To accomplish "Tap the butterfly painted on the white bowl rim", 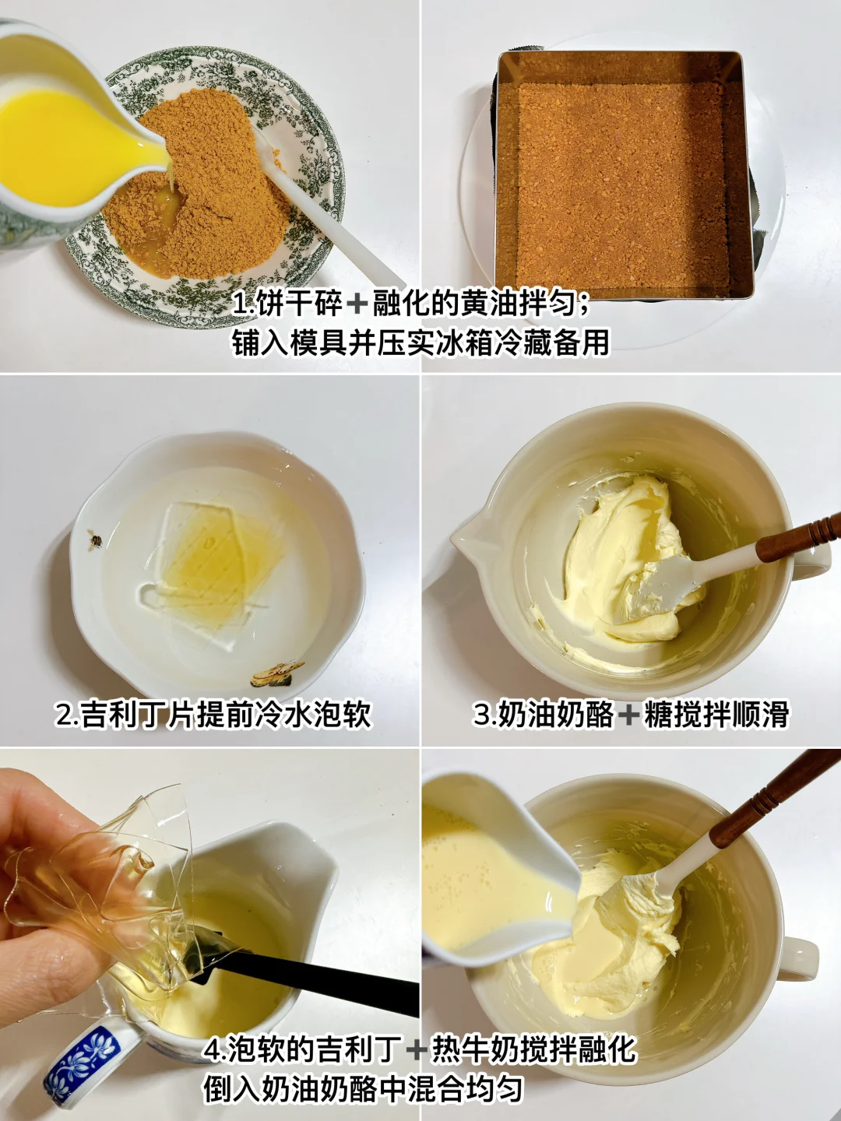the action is point(271,673).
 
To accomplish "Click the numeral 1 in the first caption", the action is point(239,305).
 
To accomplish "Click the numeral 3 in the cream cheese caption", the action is point(482,714).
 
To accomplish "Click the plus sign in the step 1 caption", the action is point(357,305).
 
